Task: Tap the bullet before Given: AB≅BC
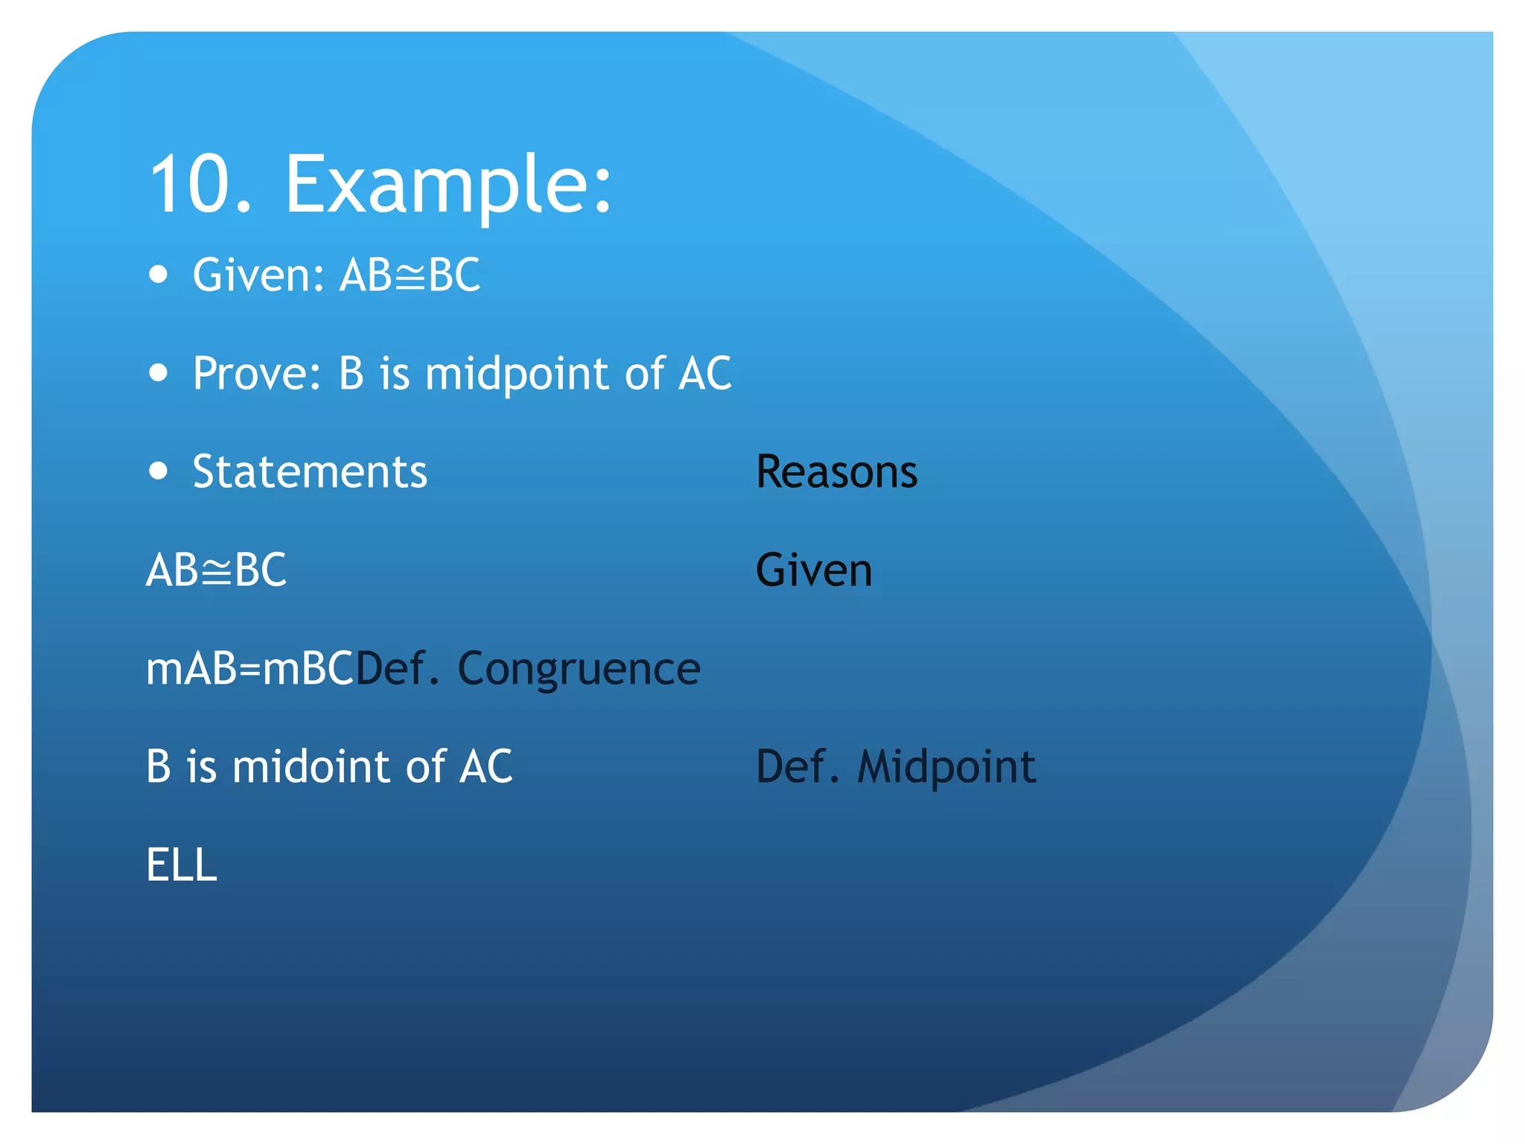[158, 274]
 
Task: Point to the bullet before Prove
[158, 372]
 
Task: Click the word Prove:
[257, 373]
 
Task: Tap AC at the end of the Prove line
[704, 373]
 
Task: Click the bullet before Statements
[158, 471]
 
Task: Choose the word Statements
[310, 471]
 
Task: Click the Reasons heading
[836, 471]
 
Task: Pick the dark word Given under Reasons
[813, 571]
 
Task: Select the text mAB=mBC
[249, 668]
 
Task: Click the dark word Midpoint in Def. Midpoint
[946, 767]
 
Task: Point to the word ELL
[181, 865]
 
